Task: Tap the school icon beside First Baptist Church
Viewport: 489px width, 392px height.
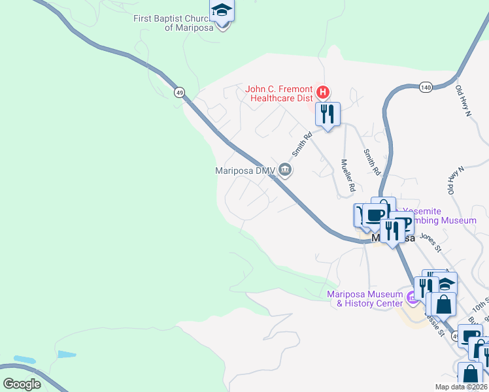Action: [222, 11]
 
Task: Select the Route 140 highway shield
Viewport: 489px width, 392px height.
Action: [426, 86]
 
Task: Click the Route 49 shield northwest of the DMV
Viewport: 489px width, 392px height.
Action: [179, 92]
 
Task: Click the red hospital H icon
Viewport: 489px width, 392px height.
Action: [321, 91]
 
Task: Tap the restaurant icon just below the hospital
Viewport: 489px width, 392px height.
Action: [328, 114]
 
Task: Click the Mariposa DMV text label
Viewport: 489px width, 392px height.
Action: [244, 171]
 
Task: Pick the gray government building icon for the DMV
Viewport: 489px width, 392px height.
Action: [285, 170]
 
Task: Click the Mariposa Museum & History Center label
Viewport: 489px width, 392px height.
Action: [365, 299]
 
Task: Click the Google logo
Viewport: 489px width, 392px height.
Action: [22, 384]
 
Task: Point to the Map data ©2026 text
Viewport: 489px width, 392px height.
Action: [461, 387]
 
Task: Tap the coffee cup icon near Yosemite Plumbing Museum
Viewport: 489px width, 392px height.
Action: [375, 215]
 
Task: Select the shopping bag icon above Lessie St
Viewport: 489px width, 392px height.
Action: [443, 304]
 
